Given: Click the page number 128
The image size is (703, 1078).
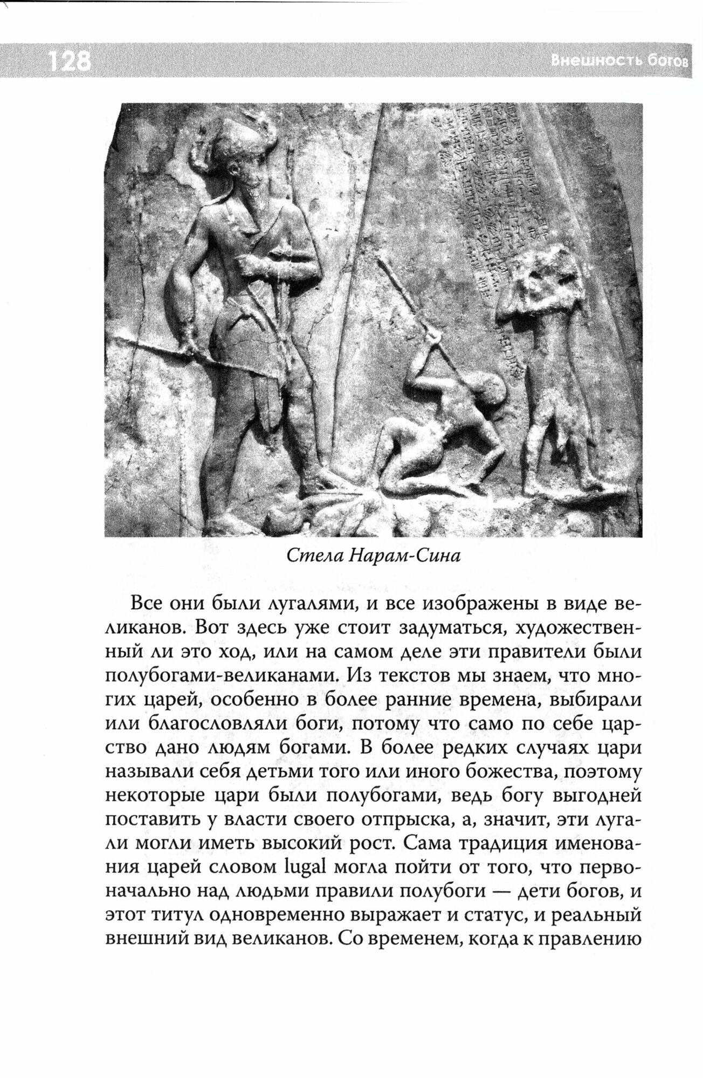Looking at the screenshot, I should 69,61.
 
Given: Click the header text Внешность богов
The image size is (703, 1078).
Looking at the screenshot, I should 620,60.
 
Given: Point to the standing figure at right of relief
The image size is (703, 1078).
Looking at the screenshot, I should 555,377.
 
